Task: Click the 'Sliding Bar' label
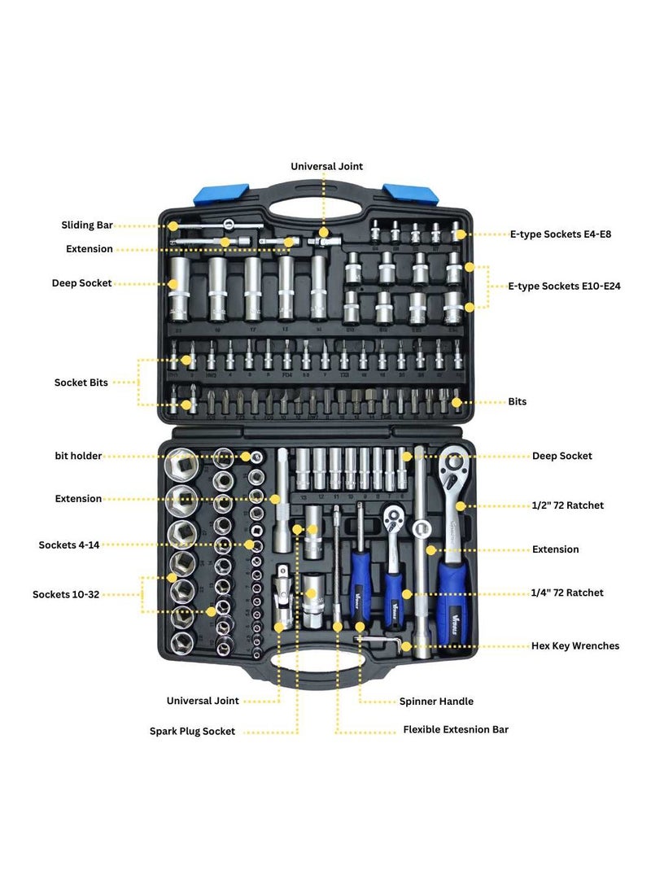pyautogui.click(x=86, y=225)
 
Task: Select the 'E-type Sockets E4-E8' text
pyautogui.click(x=560, y=234)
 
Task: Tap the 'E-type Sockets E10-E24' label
pyautogui.click(x=564, y=287)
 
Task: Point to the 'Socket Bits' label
pyautogui.click(x=81, y=382)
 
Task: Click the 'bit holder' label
pyautogui.click(x=78, y=456)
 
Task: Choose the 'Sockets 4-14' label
pyautogui.click(x=69, y=545)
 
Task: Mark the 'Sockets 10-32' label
pyautogui.click(x=66, y=594)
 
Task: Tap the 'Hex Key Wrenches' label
pyautogui.click(x=575, y=645)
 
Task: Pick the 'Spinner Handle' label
pyautogui.click(x=436, y=701)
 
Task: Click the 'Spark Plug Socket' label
pyautogui.click(x=192, y=731)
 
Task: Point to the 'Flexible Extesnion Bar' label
pyautogui.click(x=456, y=729)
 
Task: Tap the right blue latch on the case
pyautogui.click(x=412, y=194)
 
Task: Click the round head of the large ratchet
pyautogui.click(x=452, y=466)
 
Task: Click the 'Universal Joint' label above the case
pyautogui.click(x=327, y=166)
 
